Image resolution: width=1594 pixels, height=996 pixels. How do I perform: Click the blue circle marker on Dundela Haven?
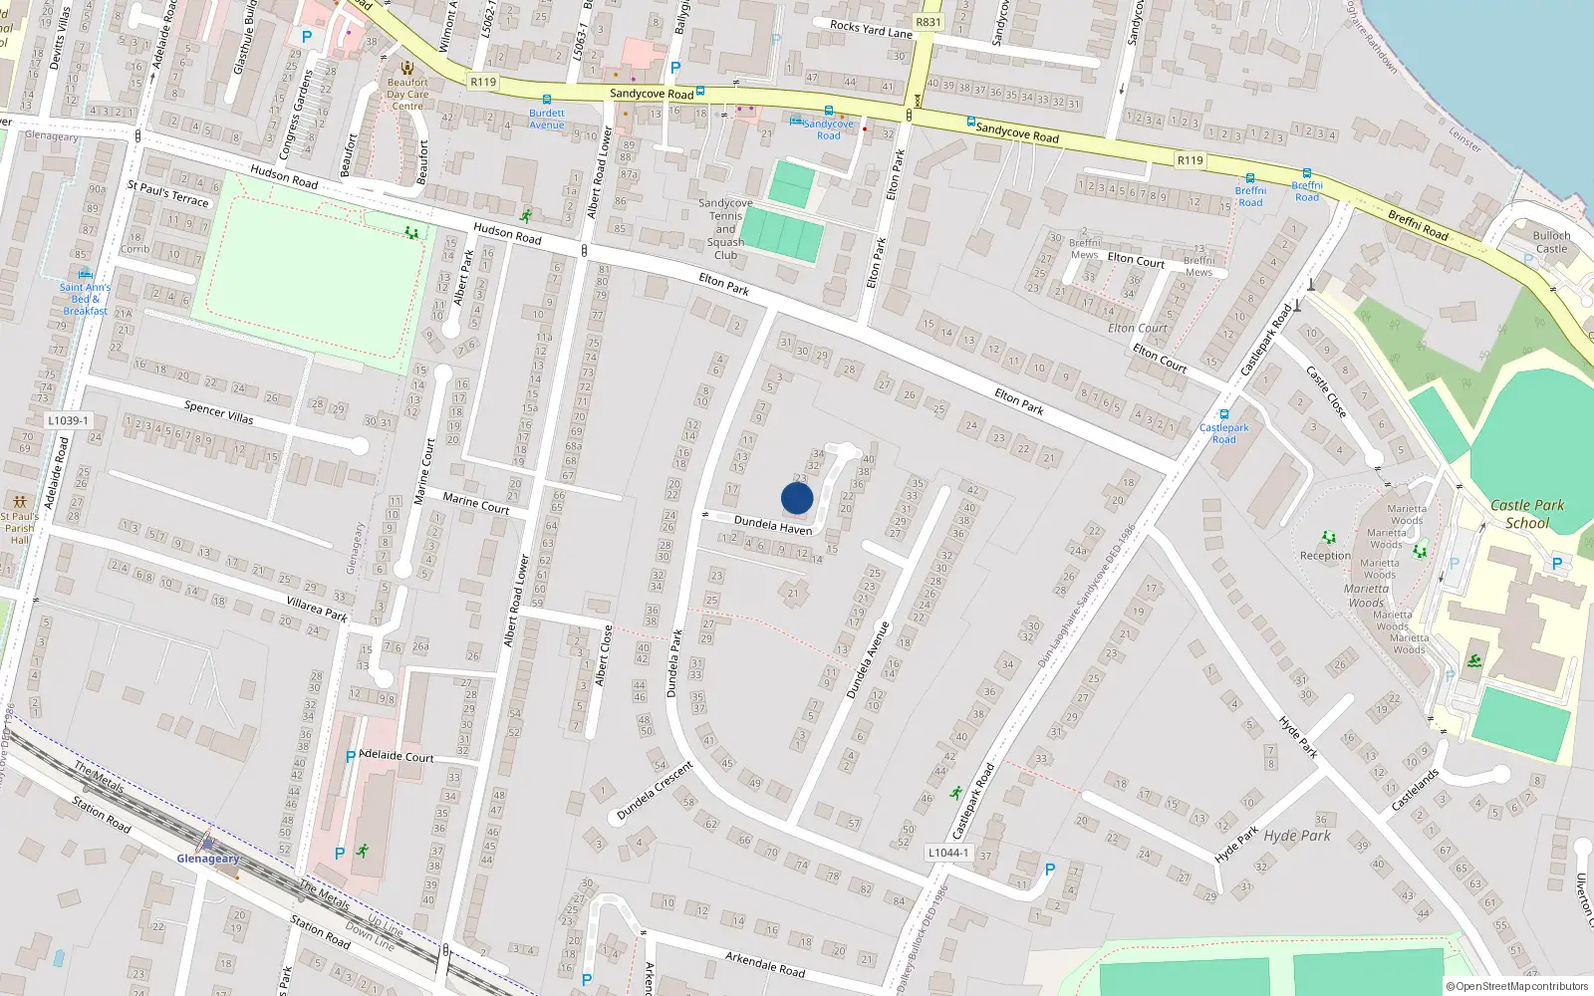pos(797,498)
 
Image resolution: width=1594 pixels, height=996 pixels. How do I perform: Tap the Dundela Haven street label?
pos(773,525)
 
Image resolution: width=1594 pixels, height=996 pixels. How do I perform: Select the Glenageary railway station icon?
pos(207,842)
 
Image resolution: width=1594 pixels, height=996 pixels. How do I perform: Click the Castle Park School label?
pos(1527,514)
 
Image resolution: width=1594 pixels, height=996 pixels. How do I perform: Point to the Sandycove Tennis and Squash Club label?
pos(725,229)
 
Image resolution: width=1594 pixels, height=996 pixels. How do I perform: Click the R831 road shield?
pos(928,22)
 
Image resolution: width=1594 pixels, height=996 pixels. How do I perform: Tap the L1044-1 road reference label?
pos(947,853)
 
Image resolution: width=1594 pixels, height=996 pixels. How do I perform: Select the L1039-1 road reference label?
pos(68,420)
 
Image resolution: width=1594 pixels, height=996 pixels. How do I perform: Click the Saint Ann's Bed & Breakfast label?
pos(85,299)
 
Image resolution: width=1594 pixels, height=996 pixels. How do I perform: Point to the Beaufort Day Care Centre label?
pos(407,95)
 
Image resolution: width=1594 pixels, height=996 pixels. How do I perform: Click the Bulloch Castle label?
pos(1551,242)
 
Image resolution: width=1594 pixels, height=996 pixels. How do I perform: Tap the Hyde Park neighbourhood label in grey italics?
pos(1297,836)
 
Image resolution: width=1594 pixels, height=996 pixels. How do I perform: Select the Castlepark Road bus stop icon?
pos(1224,414)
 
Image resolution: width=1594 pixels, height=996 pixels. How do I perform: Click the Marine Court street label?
pos(476,504)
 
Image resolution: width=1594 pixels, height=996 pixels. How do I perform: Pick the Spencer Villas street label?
pos(219,412)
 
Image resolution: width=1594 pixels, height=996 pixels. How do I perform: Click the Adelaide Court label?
pos(397,756)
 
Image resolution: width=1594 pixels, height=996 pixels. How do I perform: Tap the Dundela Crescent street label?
pos(655,791)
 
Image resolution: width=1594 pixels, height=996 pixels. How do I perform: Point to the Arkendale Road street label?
pos(765,963)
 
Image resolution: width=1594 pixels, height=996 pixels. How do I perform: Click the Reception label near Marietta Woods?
pos(1325,556)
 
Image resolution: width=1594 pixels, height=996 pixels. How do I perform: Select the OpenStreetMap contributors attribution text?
pos(1517,987)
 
